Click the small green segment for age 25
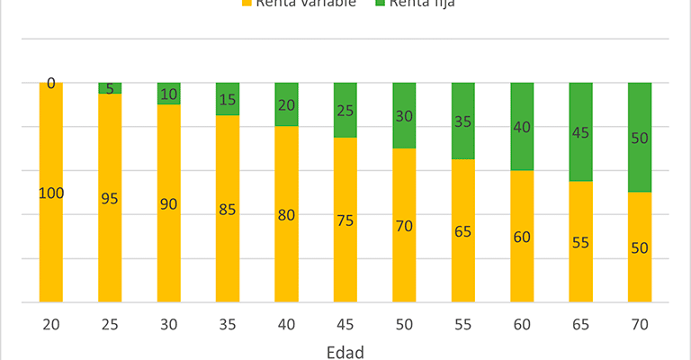110,87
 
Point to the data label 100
50,193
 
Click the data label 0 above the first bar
50,83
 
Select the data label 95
110,198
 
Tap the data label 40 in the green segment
522,127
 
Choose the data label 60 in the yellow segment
522,237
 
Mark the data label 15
228,99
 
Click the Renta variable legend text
306,3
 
